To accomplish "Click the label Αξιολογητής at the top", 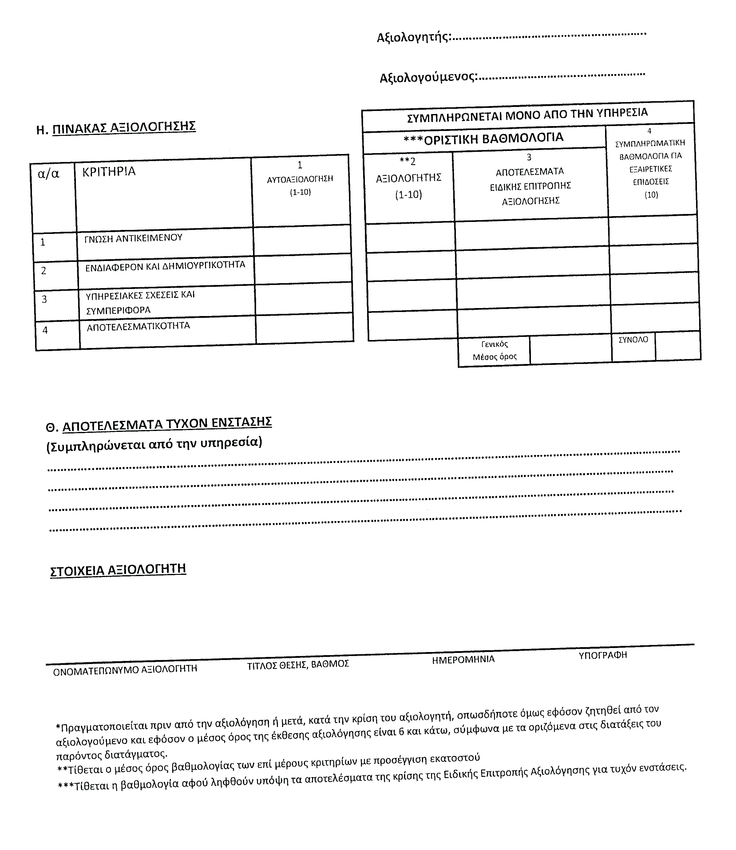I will tap(413, 38).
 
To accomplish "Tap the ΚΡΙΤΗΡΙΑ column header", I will tap(109, 172).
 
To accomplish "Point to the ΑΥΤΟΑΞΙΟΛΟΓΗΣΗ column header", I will tap(300, 179).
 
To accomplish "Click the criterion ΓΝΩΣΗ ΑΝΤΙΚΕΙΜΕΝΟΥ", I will tap(133, 238).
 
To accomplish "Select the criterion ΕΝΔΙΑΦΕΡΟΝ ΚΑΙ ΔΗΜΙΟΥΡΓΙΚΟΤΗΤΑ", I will tap(165, 266).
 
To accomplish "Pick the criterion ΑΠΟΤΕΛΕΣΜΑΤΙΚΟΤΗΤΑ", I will tap(138, 326).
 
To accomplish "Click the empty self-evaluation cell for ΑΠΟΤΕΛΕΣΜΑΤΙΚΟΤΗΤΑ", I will tap(304, 329).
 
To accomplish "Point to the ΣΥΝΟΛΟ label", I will tap(633, 340).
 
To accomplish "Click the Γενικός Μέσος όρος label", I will tap(494, 351).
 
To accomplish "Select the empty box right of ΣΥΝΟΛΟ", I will tap(677, 346).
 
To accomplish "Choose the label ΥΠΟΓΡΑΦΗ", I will tap(603, 655).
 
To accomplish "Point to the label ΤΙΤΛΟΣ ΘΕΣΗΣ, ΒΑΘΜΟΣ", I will tap(298, 664).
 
